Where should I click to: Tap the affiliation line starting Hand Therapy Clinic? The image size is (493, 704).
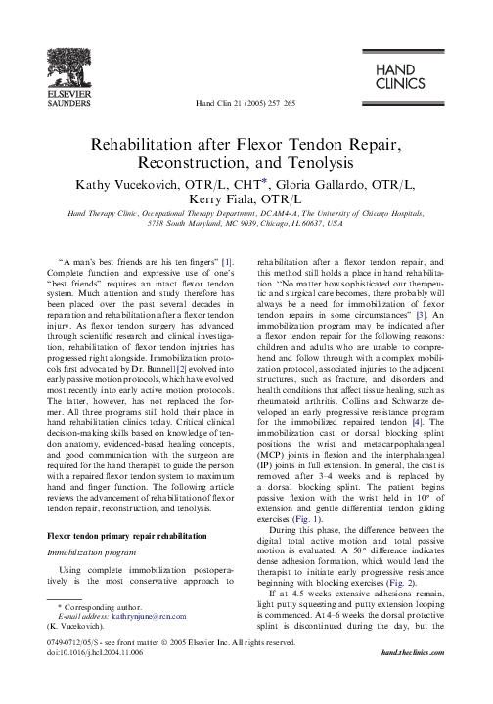tap(246, 211)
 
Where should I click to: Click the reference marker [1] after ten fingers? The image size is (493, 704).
tap(226, 262)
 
